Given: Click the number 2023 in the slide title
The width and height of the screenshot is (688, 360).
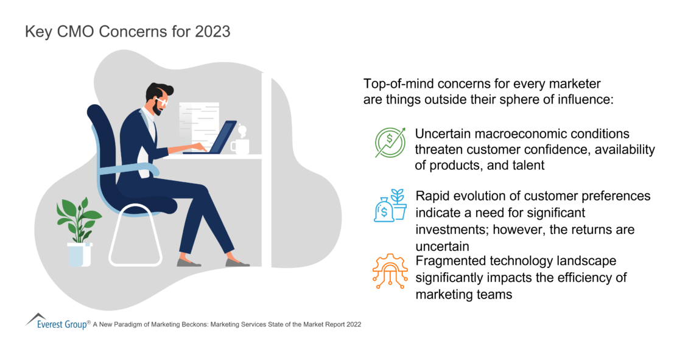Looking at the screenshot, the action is point(212,32).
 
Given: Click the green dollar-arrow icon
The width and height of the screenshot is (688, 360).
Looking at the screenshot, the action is point(390,143).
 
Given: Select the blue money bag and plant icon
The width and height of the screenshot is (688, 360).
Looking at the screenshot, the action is point(390,205).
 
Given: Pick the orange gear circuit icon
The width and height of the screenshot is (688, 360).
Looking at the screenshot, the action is point(390,271).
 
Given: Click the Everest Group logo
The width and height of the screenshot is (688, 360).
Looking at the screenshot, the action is point(57,322).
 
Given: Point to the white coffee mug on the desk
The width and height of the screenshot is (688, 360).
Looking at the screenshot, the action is point(240,144).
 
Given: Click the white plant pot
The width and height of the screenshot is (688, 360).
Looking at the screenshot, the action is point(79,254).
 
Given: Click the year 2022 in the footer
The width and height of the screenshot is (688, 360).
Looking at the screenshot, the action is point(354,325).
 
